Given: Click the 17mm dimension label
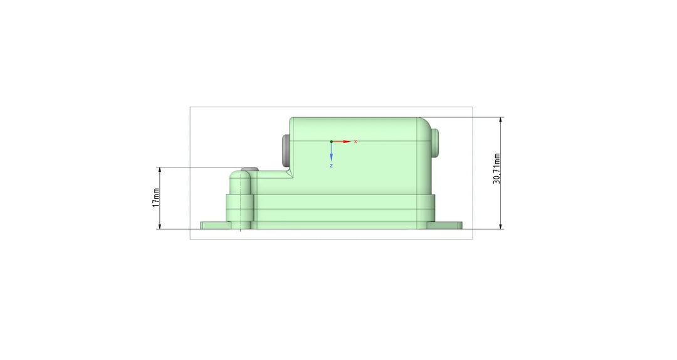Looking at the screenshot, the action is tap(156, 198).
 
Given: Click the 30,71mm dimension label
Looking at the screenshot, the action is tap(497, 169).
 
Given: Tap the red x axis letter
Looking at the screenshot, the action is tap(356, 141).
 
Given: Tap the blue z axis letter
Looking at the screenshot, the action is tap(331, 166).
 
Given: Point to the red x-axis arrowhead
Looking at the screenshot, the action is tap(347, 141).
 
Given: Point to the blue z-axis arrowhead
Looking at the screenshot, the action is tap(331, 158).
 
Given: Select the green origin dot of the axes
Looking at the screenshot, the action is tap(331, 141).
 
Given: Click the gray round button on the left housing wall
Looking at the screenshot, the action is tap(285, 151).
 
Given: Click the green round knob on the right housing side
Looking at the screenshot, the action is tap(435, 142).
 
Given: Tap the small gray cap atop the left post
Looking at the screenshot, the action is tap(249, 169).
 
